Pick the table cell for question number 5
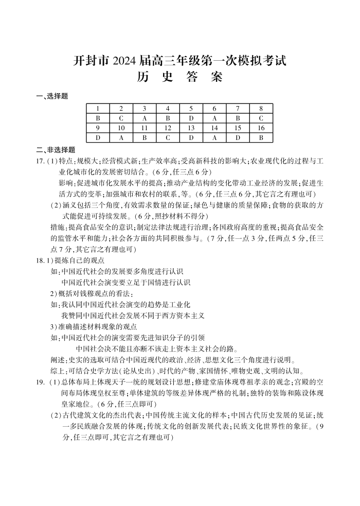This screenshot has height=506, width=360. pos(191,109)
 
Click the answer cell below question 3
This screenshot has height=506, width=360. pos(145,118)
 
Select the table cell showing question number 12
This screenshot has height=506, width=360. pos(168,128)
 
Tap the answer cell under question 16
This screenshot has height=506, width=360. pos(261,137)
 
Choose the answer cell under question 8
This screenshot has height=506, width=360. pos(261,118)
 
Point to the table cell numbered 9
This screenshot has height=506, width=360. pos(98,128)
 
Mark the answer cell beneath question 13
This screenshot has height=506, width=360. pos(191,137)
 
